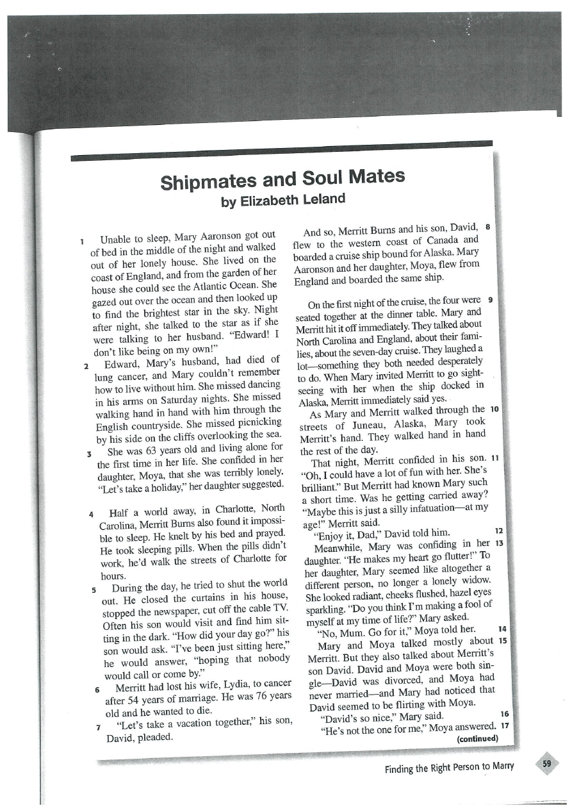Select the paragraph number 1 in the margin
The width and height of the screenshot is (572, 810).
(x=83, y=241)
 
